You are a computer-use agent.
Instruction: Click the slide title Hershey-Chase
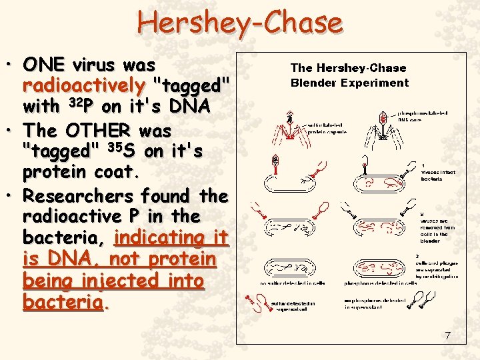[239, 23]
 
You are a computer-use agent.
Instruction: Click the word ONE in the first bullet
[45, 65]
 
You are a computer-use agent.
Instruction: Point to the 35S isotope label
[122, 151]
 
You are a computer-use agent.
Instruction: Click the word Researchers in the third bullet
[78, 196]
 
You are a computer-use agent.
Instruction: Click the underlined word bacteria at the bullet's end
[63, 301]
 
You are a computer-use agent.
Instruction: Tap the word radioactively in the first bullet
[84, 86]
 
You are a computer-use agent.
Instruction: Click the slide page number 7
[447, 335]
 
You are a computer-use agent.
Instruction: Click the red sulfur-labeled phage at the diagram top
[289, 124]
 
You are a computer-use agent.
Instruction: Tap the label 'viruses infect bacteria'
[438, 172]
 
